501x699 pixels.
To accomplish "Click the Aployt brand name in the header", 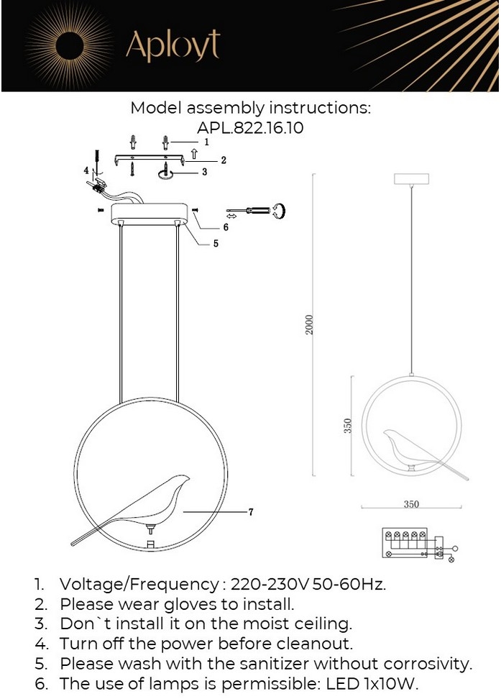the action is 173,45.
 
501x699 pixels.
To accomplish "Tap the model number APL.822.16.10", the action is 250,128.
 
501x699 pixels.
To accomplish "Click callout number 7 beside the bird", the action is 251,512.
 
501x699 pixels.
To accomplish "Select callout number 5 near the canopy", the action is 216,243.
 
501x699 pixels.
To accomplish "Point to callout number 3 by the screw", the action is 204,172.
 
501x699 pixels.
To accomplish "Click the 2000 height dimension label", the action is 310,324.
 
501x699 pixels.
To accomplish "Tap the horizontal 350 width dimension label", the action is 411,503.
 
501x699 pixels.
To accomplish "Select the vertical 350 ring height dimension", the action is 348,426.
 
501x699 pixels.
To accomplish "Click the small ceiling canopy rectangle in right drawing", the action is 411,179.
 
